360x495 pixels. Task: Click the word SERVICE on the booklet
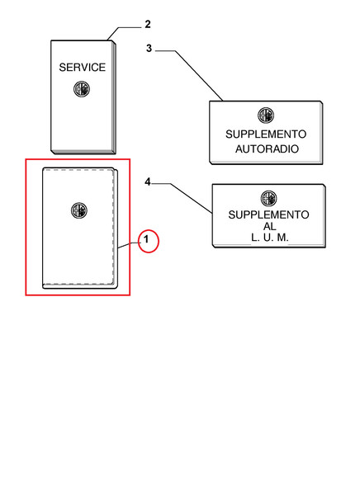coord(83,68)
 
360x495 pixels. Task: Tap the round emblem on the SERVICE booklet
coord(82,89)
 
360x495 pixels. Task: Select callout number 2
coord(148,24)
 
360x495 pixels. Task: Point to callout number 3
coord(149,49)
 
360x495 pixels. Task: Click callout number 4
coord(148,181)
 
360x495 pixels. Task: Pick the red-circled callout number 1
coord(146,239)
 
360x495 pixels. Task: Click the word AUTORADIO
coord(267,148)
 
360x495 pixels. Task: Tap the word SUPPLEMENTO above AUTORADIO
coord(266,134)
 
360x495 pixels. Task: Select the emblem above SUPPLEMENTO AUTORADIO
coord(266,115)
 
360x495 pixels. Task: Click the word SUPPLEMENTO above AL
coord(268,214)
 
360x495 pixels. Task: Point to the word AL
coord(270,226)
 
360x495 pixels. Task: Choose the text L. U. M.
coord(270,238)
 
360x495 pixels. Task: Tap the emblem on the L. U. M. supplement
coord(268,199)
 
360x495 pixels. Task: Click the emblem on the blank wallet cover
coord(79,210)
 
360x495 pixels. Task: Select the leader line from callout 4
coord(192,198)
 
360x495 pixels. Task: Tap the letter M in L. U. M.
coord(282,238)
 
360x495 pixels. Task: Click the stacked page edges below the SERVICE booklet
coord(83,152)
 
